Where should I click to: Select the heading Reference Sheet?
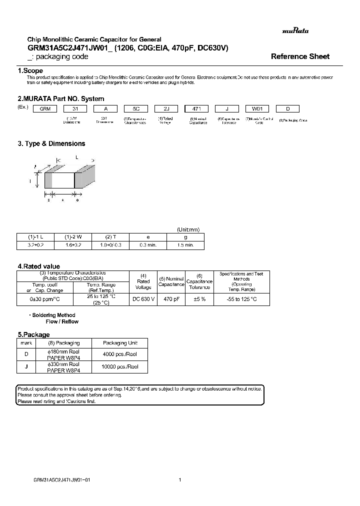pyautogui.click(x=300, y=56)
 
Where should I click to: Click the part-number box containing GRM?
pyautogui.click(x=45, y=109)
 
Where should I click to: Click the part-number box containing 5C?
pyautogui.click(x=135, y=109)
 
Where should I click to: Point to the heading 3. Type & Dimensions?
pyautogui.click(x=51, y=143)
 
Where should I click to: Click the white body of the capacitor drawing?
pyautogui.click(x=62, y=180)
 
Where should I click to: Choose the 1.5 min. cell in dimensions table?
pyautogui.click(x=185, y=245)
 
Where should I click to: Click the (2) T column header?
pyautogui.click(x=110, y=237)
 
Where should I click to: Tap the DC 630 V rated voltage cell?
pyautogui.click(x=143, y=299)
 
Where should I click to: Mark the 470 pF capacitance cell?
pyautogui.click(x=171, y=299)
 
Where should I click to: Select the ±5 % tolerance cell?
pyautogui.click(x=199, y=299)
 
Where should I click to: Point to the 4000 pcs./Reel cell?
pyautogui.click(x=119, y=354)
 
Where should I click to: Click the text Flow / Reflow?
pyautogui.click(x=62, y=322)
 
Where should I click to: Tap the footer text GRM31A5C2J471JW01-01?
pyautogui.click(x=61, y=479)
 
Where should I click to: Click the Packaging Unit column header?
pyautogui.click(x=119, y=343)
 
